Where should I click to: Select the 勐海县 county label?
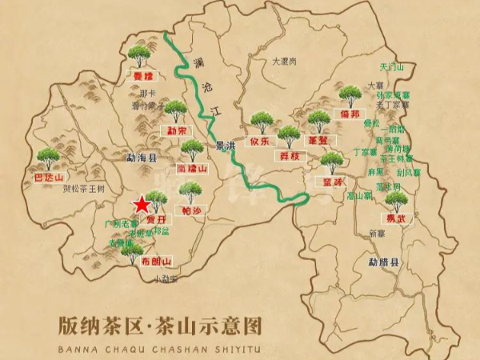click(x=119, y=159)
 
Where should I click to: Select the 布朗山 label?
click(x=156, y=262)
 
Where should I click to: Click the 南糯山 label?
click(x=192, y=169)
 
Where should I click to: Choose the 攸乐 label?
click(x=261, y=141)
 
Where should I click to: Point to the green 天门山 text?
click(x=393, y=67)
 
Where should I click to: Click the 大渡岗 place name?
click(x=284, y=61)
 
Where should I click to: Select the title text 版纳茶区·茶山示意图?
click(x=161, y=326)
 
